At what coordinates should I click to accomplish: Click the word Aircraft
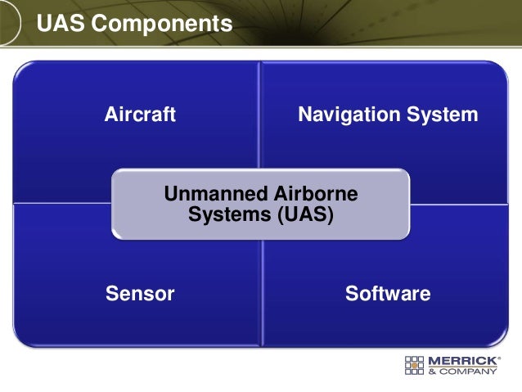coord(140,115)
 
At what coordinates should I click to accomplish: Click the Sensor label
coord(140,294)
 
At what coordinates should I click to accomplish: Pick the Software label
coord(388,294)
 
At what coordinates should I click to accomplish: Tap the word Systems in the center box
coord(223,215)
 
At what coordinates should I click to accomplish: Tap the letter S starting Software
coord(350,294)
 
